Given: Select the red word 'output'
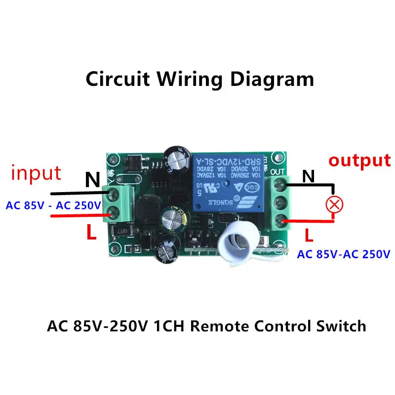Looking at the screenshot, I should pyautogui.click(x=359, y=160).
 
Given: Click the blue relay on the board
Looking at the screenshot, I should pyautogui.click(x=229, y=186).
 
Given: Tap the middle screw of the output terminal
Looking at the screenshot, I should pyautogui.click(x=280, y=203).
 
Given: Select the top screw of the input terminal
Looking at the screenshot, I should pyautogui.click(x=113, y=193).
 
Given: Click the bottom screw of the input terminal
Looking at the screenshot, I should pyautogui.click(x=113, y=212).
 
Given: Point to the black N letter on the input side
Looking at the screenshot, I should pyautogui.click(x=92, y=180).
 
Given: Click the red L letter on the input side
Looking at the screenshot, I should pyautogui.click(x=91, y=233).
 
